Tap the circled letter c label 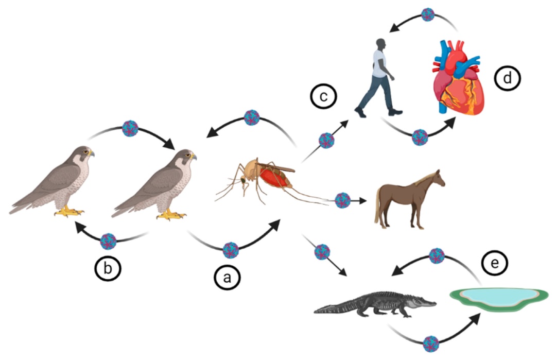point(324,96)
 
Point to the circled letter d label point(508,79)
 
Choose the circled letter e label point(495,264)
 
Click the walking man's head point(381,45)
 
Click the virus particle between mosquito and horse point(342,200)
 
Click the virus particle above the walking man point(428,14)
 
